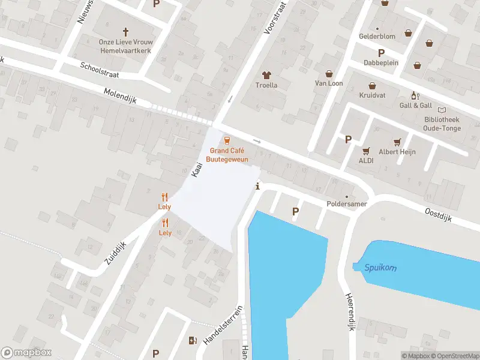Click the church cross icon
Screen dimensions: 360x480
pyautogui.click(x=126, y=31)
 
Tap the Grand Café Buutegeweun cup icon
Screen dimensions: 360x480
pyautogui.click(x=227, y=140)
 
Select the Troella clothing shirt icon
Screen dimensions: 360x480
pyautogui.click(x=267, y=75)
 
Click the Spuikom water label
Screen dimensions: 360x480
pyautogui.click(x=380, y=268)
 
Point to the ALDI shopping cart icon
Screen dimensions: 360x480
pyautogui.click(x=366, y=151)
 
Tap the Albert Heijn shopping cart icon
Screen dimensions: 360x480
pyautogui.click(x=397, y=142)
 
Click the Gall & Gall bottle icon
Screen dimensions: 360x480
pyautogui.click(x=413, y=95)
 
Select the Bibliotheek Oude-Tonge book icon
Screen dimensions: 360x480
pyautogui.click(x=442, y=110)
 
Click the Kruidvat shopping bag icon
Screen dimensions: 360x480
pyautogui.click(x=372, y=86)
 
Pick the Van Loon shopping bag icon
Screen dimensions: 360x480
pyautogui.click(x=328, y=74)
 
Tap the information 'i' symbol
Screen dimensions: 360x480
pyautogui.click(x=258, y=186)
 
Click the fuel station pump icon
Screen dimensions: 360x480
pyautogui.click(x=193, y=341)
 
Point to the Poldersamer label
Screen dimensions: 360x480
pyautogui.click(x=346, y=204)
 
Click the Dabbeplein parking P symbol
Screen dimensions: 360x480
pyautogui.click(x=380, y=53)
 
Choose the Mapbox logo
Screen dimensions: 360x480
pyautogui.click(x=26, y=353)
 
